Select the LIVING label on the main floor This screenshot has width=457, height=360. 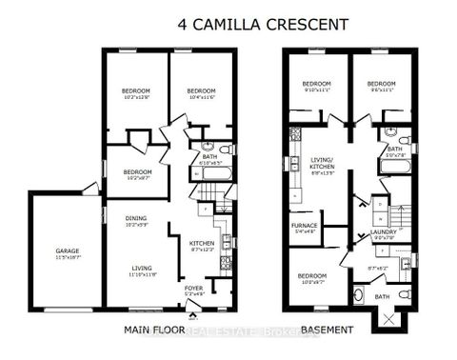[x=142, y=269]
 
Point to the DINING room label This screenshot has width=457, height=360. [x=136, y=218]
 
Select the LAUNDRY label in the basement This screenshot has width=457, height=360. [x=384, y=231]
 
